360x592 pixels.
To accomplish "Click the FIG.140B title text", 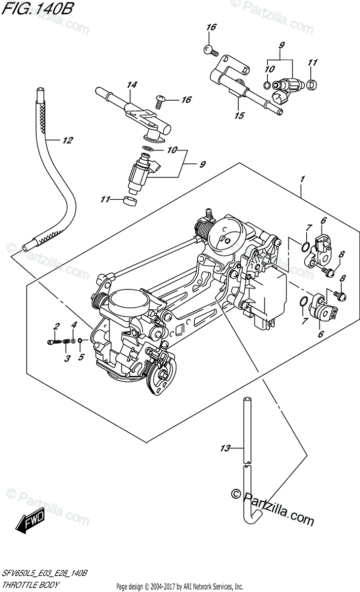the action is click(37, 9).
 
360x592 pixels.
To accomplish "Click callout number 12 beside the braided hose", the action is click(67, 140).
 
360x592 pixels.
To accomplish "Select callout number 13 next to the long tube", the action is click(225, 448).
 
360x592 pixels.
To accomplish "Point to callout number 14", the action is click(132, 84).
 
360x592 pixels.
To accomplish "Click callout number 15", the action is click(239, 115).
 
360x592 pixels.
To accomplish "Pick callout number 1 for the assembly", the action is click(302, 179).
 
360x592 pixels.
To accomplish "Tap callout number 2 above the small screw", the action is click(56, 327).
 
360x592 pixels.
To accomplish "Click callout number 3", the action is click(67, 359).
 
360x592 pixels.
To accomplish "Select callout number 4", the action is click(74, 325).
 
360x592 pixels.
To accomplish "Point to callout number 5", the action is click(81, 357).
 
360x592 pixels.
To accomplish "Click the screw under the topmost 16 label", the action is click(211, 50).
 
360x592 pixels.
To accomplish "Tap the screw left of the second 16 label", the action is click(159, 102).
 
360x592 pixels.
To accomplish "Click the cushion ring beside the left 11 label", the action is click(130, 201).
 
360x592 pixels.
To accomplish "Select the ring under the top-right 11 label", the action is click(312, 84).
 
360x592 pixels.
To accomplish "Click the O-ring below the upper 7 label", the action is click(305, 247).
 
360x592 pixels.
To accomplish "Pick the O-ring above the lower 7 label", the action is click(304, 301).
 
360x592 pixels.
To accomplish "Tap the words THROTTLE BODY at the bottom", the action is click(31, 584).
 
